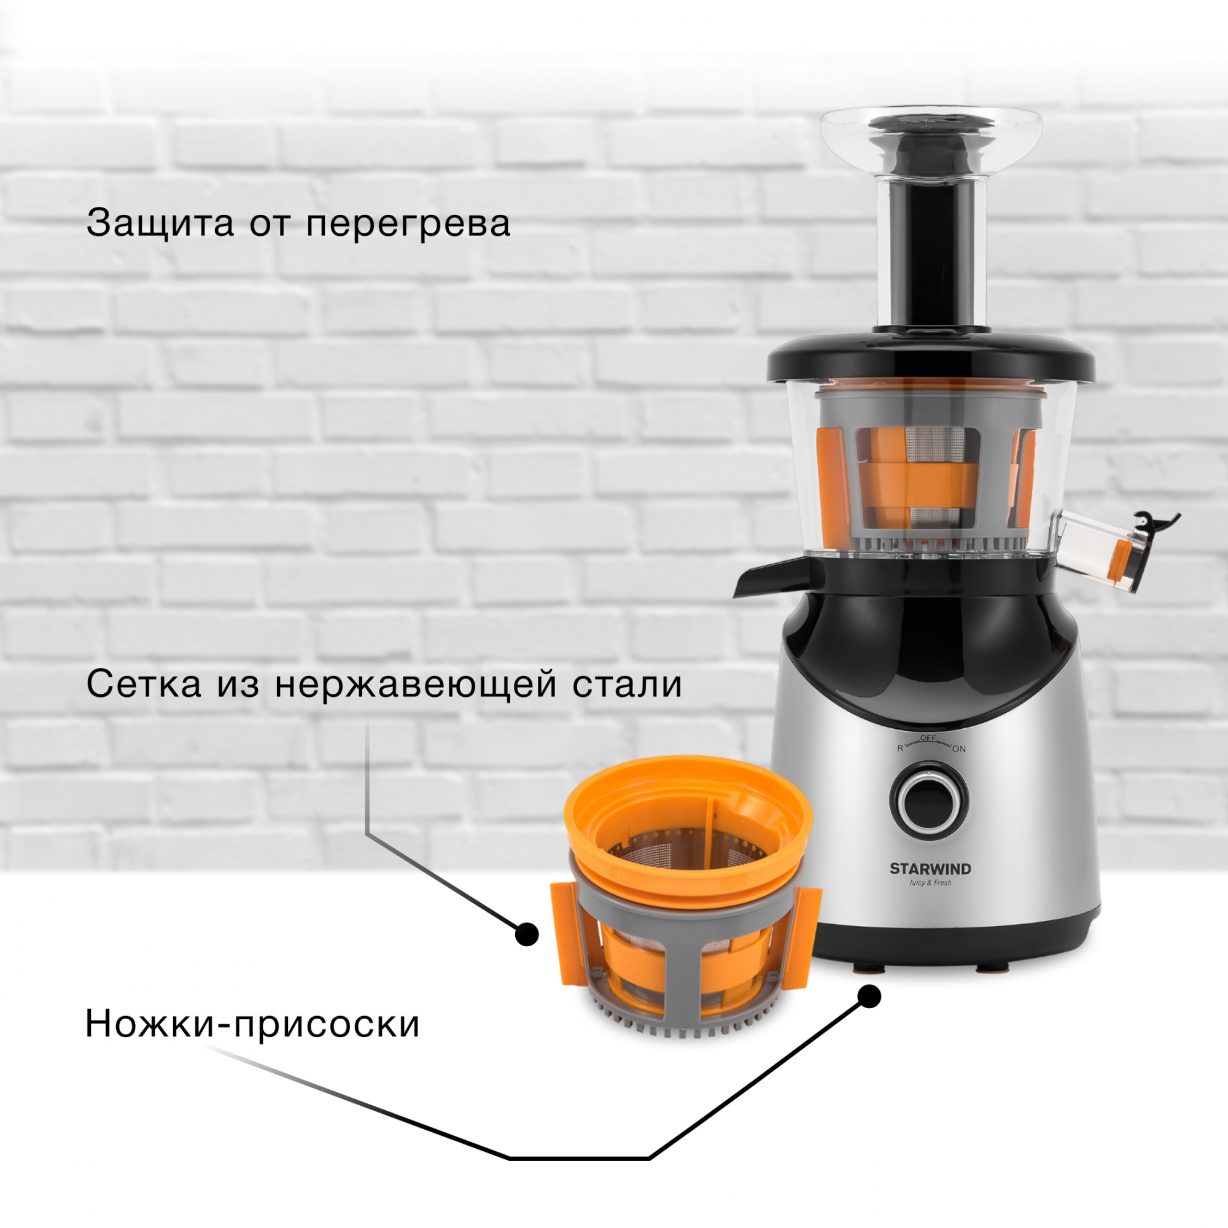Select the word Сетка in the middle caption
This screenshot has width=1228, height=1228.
coord(144,685)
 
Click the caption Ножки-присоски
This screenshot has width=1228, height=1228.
coord(252,1024)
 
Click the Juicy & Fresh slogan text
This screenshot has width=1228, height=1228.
coord(930,883)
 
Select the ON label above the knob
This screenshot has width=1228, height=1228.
coord(958,749)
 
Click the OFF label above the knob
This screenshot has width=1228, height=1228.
coord(928,738)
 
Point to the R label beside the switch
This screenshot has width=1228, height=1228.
coord(900,748)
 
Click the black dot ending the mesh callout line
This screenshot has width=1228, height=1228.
coord(526,935)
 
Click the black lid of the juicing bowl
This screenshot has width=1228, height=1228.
coord(931,360)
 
